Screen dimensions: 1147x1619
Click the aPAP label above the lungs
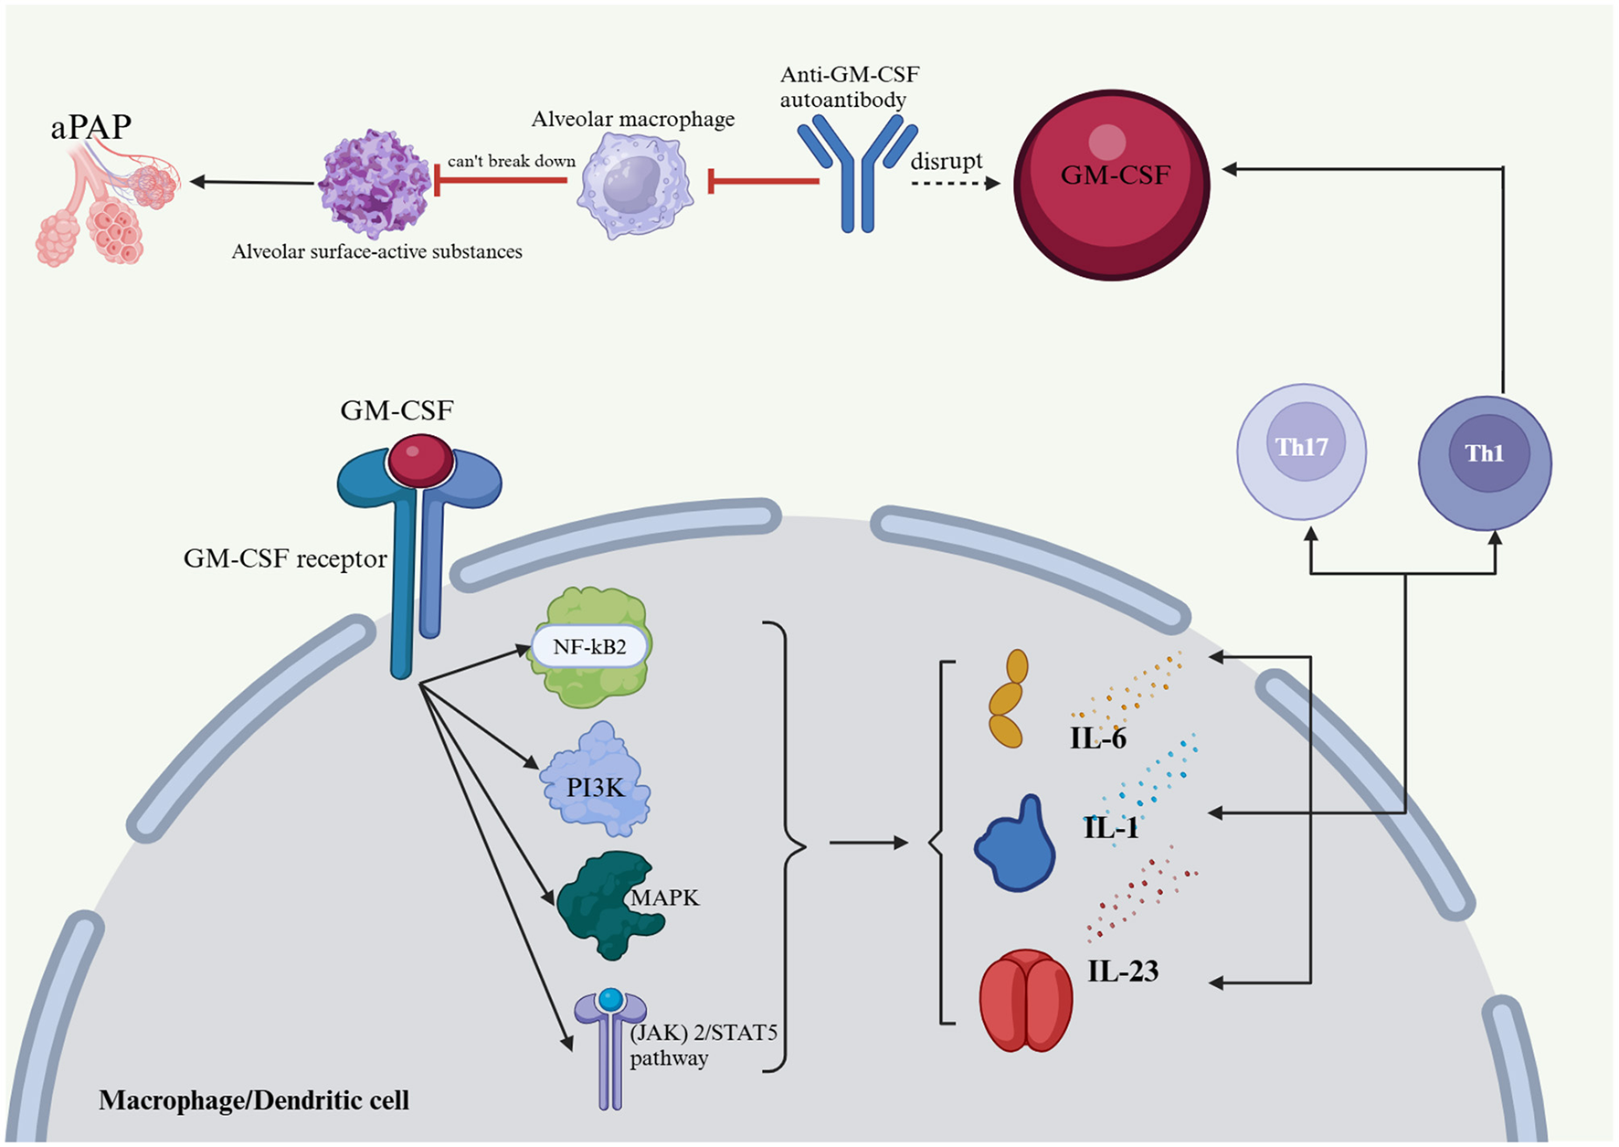coord(90,126)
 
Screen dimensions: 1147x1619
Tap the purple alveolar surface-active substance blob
coord(375,184)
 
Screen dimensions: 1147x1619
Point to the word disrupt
coord(946,161)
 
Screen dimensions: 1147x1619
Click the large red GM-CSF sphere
coord(1112,184)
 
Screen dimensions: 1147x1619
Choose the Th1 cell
coord(1484,462)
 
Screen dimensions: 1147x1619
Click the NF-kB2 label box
coord(589,647)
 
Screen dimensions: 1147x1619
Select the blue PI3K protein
coord(595,781)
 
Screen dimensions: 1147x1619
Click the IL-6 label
coord(1098,738)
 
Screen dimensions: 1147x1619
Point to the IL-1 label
coord(1111,828)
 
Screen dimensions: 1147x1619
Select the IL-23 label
coord(1123,971)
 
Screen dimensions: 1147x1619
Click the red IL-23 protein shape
coord(1025,1001)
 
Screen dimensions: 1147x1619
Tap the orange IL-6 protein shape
coord(1007,698)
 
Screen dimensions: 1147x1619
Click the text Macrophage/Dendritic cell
coord(254,1100)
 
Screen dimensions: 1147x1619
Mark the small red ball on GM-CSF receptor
coord(420,460)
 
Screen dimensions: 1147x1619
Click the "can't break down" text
coord(511,162)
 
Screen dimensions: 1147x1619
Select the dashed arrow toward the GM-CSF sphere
coord(955,184)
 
